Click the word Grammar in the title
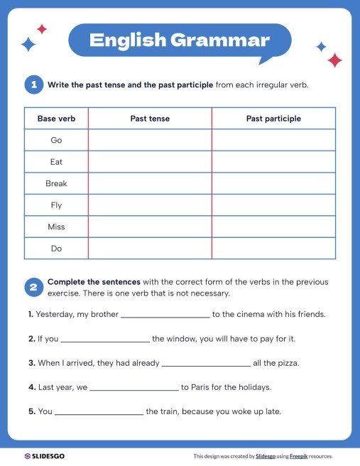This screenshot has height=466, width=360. [220, 40]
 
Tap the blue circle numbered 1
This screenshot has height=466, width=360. [33, 85]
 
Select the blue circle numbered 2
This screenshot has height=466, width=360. [33, 287]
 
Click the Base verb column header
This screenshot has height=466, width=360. [56, 119]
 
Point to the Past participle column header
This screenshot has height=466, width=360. [273, 119]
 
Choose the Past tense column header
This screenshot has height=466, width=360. [150, 119]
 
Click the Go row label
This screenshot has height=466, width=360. [56, 140]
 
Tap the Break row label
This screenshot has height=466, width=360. [56, 183]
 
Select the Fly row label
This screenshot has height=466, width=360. [56, 205]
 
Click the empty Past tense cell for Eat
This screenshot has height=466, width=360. [150, 162]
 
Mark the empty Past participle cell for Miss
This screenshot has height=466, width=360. [273, 227]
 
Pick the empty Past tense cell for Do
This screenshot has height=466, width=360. [150, 249]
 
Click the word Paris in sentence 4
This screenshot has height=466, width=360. [200, 388]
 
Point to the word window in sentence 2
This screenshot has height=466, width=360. [182, 339]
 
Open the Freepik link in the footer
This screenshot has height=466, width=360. [302, 456]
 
